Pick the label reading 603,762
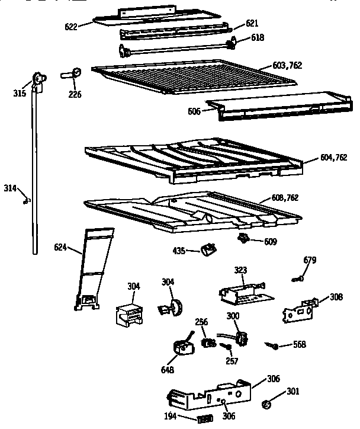pyautogui.click(x=286, y=65)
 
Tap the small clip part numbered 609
pyautogui.click(x=243, y=238)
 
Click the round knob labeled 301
pyautogui.click(x=266, y=405)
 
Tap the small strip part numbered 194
pyautogui.click(x=204, y=419)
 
